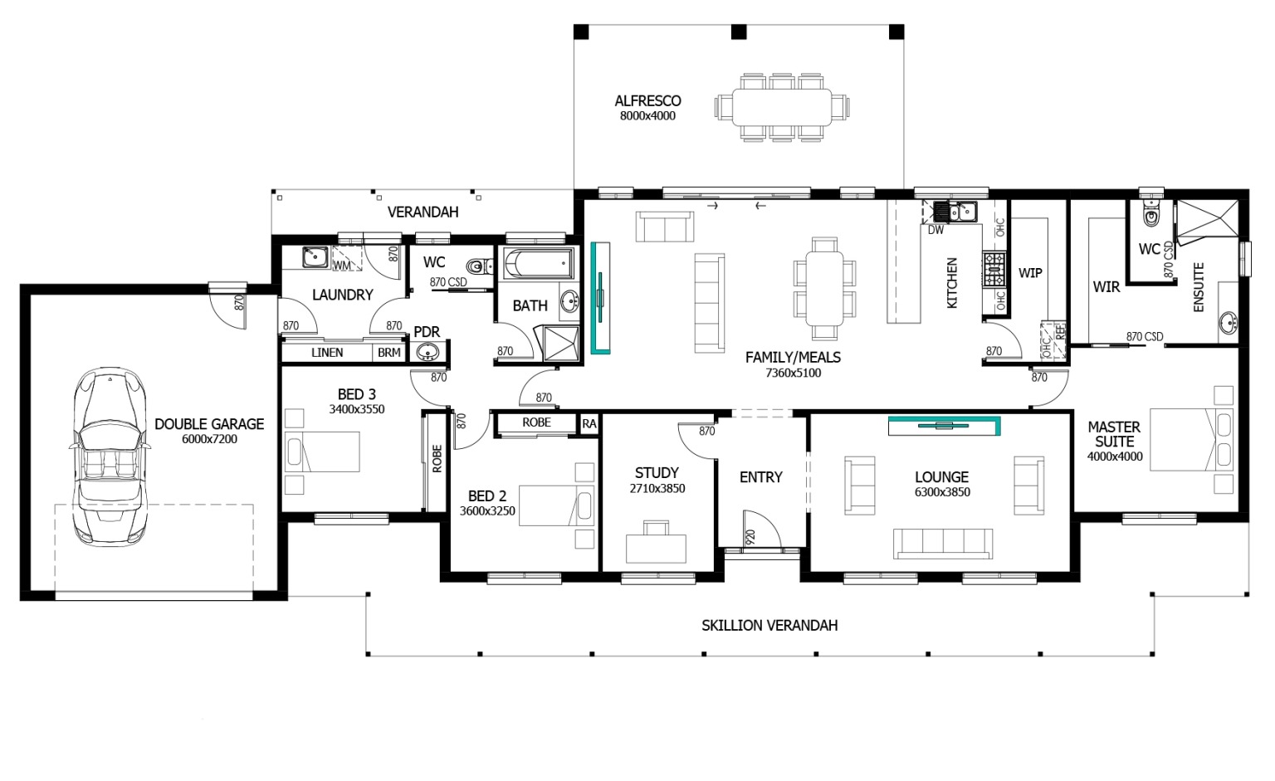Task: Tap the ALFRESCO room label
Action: [x=647, y=101]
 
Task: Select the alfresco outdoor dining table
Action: [x=781, y=106]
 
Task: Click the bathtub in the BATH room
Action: [x=538, y=264]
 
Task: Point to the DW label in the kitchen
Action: [x=935, y=230]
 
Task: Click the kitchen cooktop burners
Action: [x=994, y=270]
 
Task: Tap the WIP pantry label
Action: [x=1030, y=273]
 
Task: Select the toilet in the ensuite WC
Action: [x=1151, y=215]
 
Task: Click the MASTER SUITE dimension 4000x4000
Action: [x=1115, y=456]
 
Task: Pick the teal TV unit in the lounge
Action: [x=944, y=426]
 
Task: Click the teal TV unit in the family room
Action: [x=600, y=297]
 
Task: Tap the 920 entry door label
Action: [x=750, y=537]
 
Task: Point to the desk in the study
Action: [x=656, y=546]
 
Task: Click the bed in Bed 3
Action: [x=322, y=452]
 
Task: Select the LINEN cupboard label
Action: [x=327, y=353]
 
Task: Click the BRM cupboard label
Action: [x=388, y=353]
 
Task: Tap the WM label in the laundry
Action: [x=341, y=266]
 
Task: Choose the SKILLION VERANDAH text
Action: [x=769, y=626]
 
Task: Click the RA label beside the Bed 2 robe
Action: [x=589, y=424]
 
